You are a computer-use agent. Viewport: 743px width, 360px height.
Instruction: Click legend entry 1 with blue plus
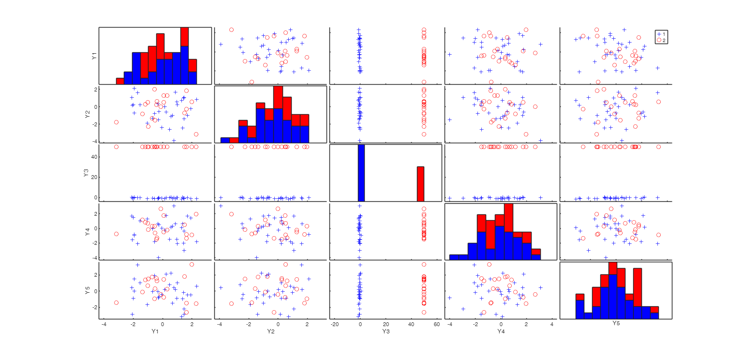pos(661,34)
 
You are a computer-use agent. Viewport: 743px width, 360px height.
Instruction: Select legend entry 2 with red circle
pos(661,40)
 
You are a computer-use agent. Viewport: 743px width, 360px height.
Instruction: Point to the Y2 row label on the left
pos(88,115)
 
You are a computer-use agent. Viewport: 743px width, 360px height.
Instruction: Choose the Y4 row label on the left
pos(88,231)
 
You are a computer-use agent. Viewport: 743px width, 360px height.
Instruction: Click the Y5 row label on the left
pos(88,290)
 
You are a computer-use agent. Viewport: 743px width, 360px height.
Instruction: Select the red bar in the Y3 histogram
pos(420,184)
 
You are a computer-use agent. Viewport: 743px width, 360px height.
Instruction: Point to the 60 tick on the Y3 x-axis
pos(437,324)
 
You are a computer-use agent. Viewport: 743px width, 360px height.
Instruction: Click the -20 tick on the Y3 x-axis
pos(334,324)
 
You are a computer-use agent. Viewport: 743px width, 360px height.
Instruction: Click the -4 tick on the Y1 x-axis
pos(104,324)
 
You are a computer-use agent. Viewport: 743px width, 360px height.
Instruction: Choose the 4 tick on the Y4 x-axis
pos(552,324)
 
